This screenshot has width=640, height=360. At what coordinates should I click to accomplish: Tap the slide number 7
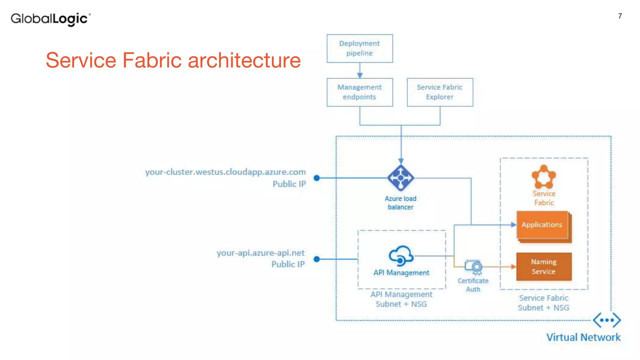tap(620, 16)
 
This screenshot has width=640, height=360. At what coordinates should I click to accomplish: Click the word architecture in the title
tap(244, 60)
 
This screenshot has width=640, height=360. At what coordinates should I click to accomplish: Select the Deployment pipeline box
tap(360, 48)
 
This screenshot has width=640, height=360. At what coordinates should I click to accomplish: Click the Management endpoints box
tap(360, 92)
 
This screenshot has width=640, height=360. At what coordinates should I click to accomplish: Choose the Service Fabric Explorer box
tap(440, 92)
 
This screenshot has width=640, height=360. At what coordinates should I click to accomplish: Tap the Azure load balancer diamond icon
tap(401, 178)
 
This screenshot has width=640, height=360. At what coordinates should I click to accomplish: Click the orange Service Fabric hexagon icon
tap(544, 177)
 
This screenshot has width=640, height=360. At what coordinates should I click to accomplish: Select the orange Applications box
tap(542, 225)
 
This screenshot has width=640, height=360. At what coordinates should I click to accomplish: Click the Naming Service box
tap(544, 267)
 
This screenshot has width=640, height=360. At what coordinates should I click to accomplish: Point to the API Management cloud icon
tap(401, 256)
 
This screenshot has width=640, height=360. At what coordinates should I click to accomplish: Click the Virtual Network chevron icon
tap(607, 320)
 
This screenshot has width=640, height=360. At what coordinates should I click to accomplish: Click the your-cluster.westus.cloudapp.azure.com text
tap(225, 172)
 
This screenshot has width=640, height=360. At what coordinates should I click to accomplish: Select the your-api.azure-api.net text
tap(260, 253)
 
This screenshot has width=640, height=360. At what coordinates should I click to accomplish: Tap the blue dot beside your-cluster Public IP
tap(317, 178)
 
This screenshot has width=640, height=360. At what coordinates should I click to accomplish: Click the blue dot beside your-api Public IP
tap(317, 259)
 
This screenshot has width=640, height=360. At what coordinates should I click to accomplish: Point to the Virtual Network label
tap(583, 337)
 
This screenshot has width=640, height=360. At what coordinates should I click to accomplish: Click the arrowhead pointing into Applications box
tap(513, 225)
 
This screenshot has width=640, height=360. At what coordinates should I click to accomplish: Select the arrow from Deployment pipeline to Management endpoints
tap(360, 71)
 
